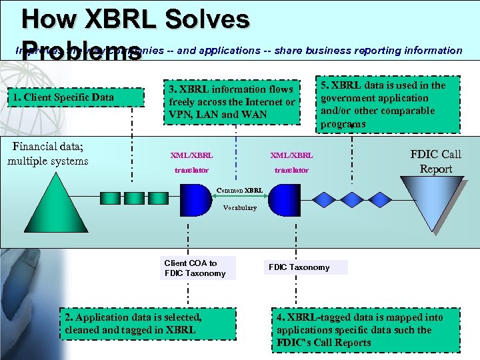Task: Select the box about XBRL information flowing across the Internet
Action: [232, 101]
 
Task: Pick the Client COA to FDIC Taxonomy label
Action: [195, 268]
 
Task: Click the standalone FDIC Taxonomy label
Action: [299, 267]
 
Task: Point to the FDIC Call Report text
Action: [435, 162]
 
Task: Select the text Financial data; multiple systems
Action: [47, 153]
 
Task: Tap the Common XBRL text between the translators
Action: [240, 191]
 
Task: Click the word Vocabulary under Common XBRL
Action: [239, 208]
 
